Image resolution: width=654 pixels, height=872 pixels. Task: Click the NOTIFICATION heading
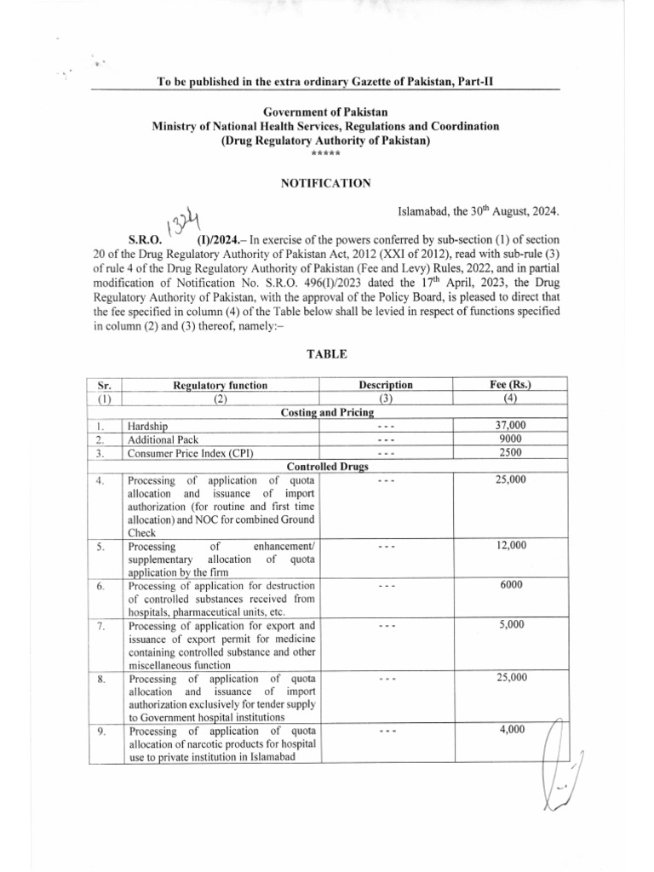(326, 182)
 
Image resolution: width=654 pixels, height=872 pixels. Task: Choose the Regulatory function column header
(220, 385)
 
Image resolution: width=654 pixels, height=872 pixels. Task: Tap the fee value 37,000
(511, 425)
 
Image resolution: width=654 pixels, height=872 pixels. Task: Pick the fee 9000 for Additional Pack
(511, 439)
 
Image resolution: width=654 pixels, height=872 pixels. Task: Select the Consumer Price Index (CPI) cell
(190, 453)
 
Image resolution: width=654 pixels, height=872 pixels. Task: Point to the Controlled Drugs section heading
(326, 467)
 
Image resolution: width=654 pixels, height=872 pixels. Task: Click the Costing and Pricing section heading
(326, 412)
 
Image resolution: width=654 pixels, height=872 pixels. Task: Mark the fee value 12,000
(511, 544)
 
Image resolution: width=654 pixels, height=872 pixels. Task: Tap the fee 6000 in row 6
(511, 585)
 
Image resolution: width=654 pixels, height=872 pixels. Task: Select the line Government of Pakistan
(326, 112)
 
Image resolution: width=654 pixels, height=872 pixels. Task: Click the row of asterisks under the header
(326, 153)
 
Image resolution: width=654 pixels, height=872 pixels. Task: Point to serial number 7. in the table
(101, 627)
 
